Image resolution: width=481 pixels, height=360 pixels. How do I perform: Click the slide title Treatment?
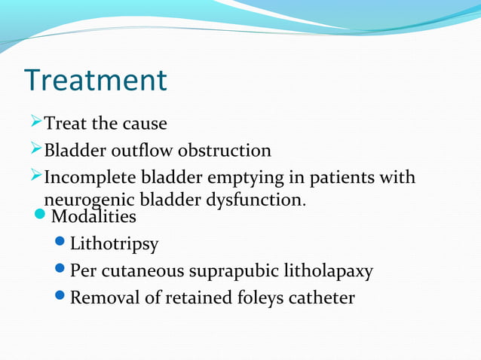click(x=95, y=81)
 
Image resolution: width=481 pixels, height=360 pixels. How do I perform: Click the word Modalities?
click(x=93, y=217)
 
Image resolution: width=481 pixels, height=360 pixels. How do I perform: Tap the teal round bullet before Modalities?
click(x=42, y=217)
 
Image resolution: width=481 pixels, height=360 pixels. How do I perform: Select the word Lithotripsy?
click(x=114, y=244)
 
